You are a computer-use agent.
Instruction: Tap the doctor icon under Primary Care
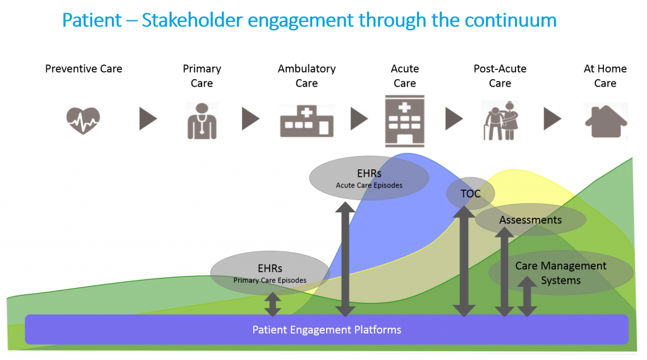[202, 121]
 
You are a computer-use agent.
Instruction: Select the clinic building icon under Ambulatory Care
[306, 121]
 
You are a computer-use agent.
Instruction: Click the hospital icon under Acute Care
[404, 121]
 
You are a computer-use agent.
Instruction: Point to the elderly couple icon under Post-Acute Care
[500, 121]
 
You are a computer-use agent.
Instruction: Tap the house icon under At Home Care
[606, 121]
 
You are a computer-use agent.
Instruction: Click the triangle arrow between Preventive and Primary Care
[148, 119]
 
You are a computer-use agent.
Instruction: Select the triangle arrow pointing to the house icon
[552, 119]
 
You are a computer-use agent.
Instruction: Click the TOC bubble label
[470, 194]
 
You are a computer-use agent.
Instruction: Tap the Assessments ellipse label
[530, 220]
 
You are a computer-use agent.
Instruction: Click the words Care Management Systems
[561, 273]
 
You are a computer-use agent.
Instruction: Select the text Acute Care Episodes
[369, 186]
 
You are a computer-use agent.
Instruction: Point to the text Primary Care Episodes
[270, 280]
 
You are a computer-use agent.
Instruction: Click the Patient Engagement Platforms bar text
[327, 330]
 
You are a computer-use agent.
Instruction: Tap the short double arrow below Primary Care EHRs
[272, 305]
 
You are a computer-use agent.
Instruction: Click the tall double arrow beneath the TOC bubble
[464, 261]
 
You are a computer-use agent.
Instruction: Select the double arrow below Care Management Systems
[527, 296]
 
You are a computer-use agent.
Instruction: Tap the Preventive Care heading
[84, 69]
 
